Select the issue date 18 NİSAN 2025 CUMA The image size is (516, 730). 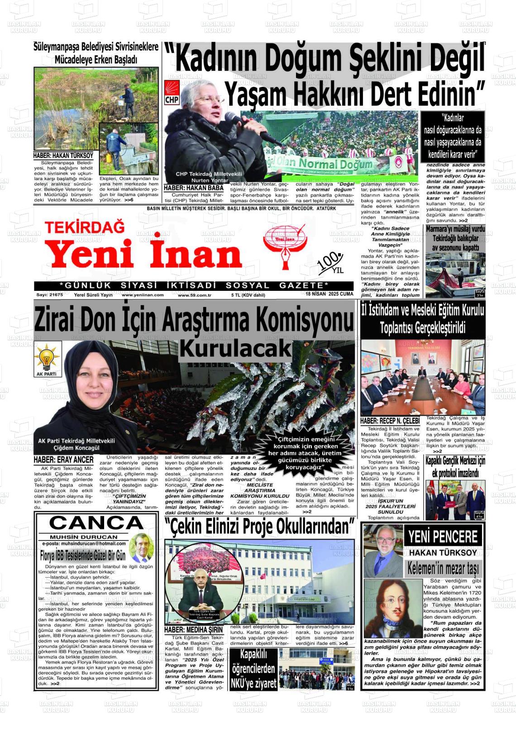[329, 294]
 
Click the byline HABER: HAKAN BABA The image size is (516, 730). [194, 188]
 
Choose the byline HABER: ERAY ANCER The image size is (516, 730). [63, 460]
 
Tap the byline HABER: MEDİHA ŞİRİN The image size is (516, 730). [194, 630]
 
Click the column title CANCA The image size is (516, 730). [96, 523]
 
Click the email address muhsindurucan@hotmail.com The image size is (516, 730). [84, 543]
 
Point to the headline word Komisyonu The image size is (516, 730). [303, 321]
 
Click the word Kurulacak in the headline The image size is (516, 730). [235, 348]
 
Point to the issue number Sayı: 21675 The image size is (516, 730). [49, 295]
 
